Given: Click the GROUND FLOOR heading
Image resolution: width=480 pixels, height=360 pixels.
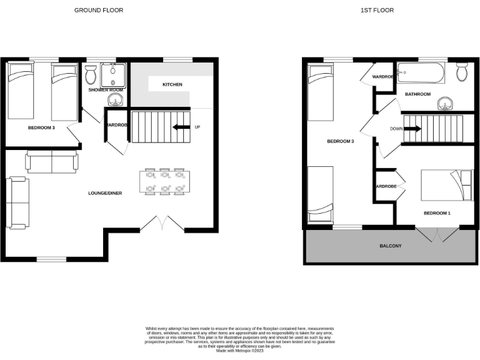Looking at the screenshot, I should point(99,10).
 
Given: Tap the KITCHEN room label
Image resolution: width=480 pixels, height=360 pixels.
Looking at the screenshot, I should point(172,84).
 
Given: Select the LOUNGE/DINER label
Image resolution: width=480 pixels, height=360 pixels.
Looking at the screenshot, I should point(105,193).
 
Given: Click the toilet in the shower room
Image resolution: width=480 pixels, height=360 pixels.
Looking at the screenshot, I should point(91,76).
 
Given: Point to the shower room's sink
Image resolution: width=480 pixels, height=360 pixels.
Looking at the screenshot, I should point(114,100).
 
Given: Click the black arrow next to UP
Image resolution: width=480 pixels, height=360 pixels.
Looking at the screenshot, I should point(181,127).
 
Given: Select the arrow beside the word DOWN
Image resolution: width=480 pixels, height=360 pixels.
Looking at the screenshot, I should point(412,129).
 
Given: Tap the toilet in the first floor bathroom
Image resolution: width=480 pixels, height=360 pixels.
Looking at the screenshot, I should point(462,73).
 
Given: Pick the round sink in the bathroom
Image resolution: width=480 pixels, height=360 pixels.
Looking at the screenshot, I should point(446,102).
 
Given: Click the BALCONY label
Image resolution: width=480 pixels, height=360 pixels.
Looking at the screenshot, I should point(391,246).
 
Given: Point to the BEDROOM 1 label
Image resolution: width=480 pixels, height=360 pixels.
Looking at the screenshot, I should point(437,213).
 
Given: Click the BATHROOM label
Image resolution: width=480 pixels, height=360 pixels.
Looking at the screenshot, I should point(417,94).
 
